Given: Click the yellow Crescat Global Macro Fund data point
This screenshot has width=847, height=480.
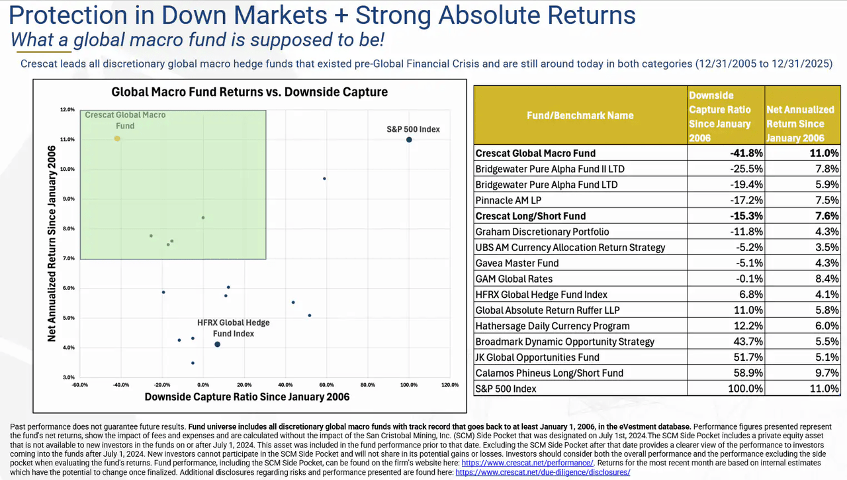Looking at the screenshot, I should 117,138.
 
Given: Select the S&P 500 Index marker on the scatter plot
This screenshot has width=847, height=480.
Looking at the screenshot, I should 409,139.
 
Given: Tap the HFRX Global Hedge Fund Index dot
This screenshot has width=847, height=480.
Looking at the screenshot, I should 217,344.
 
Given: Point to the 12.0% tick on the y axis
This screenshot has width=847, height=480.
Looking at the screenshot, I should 67,109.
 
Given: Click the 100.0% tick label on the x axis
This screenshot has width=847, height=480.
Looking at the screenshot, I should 409,385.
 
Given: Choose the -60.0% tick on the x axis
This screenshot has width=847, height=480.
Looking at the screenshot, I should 81,385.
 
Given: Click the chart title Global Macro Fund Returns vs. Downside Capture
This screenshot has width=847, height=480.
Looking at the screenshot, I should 249,92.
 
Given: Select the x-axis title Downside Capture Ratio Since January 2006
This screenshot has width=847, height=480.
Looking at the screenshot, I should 247,397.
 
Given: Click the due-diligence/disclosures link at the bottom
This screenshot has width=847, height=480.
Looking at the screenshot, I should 543,472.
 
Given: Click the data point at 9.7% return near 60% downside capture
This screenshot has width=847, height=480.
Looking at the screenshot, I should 324,179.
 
